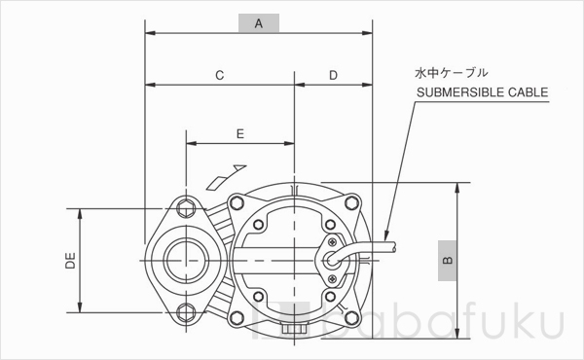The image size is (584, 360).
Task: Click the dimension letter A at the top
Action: click(258, 23)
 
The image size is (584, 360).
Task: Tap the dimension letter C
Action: click(220, 75)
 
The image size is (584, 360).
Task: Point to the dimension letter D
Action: click(333, 75)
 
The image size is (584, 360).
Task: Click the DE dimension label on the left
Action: click(57, 260)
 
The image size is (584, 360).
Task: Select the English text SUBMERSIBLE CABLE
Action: click(483, 93)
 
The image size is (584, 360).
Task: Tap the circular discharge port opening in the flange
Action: click(183, 259)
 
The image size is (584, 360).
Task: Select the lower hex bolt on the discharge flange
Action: click(185, 312)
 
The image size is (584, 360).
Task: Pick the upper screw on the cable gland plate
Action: click(334, 238)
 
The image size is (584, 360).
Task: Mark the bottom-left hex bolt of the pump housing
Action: click(233, 314)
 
